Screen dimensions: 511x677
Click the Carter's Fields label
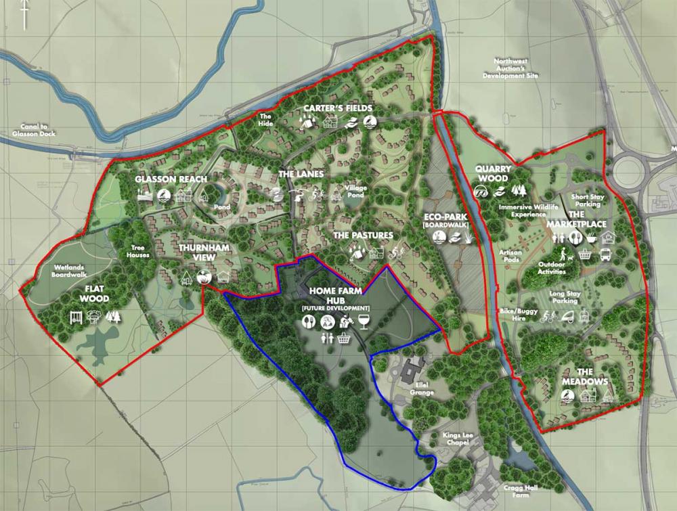pyautogui.click(x=338, y=108)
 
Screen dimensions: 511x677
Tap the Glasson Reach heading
pyautogui.click(x=166, y=179)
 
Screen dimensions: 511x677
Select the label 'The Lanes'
pyautogui.click(x=301, y=174)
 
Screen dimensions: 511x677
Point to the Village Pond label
pyautogui.click(x=355, y=191)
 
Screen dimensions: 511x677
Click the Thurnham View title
pyautogui.click(x=205, y=253)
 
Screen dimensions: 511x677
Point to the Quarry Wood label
pyautogui.click(x=492, y=173)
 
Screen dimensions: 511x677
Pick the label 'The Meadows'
pyautogui.click(x=584, y=377)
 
